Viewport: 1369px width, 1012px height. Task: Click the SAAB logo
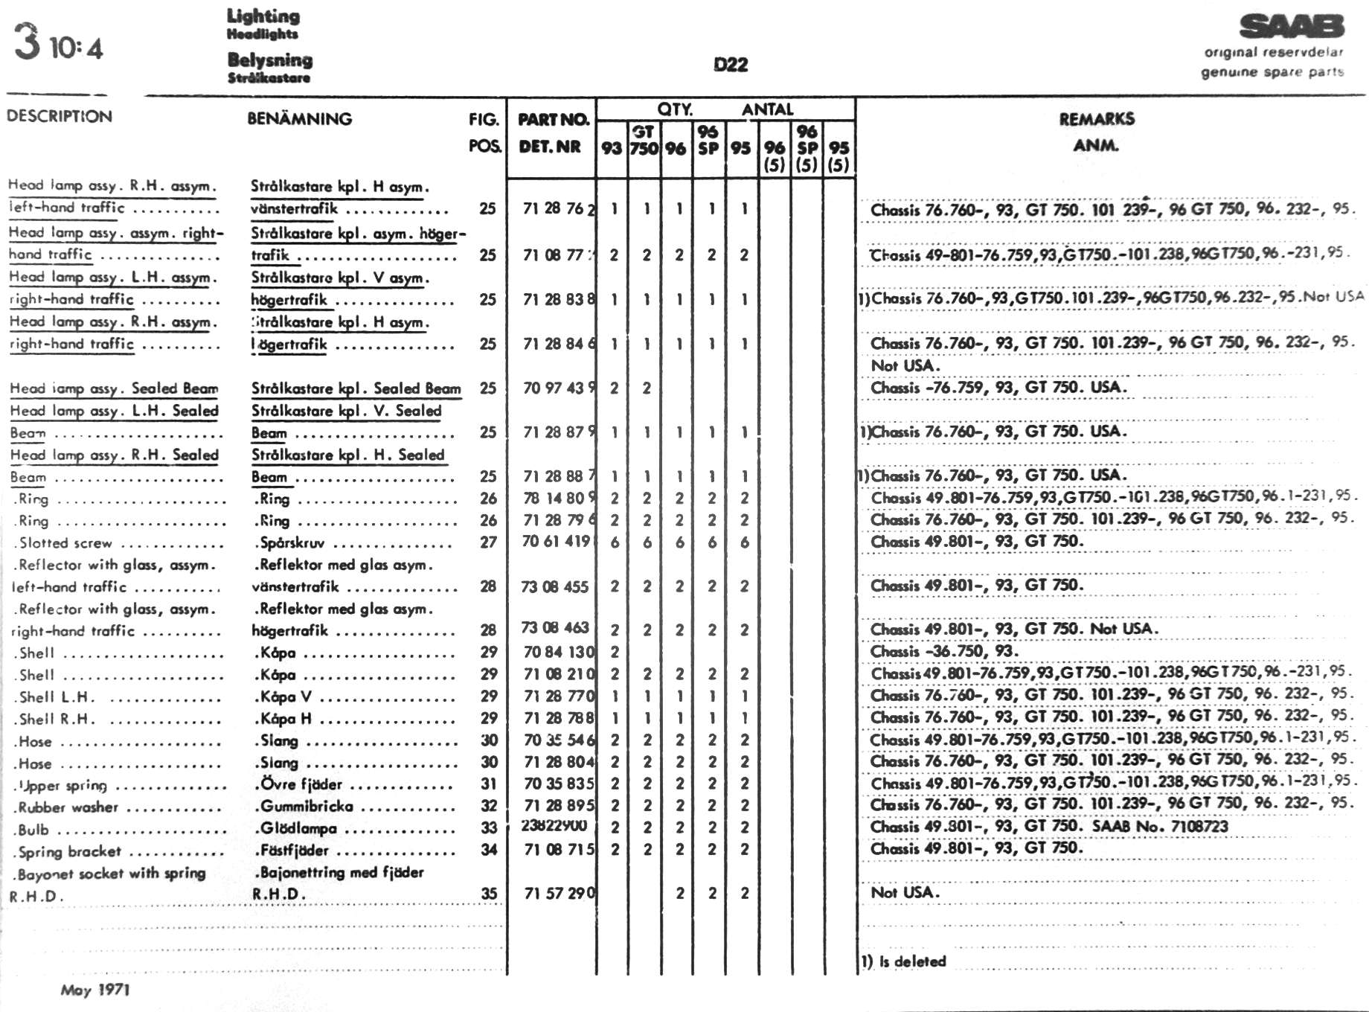tap(1292, 27)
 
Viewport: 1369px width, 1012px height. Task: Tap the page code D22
tap(730, 65)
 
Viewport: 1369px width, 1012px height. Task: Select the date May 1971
tap(95, 990)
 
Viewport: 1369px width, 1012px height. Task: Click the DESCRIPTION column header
tap(60, 116)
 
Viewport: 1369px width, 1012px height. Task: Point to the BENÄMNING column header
tap(299, 118)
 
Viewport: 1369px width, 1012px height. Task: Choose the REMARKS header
tap(1097, 119)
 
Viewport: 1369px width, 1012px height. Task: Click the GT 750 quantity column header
tap(644, 141)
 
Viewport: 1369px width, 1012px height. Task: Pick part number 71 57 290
tap(559, 893)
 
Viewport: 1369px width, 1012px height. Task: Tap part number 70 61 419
tap(556, 542)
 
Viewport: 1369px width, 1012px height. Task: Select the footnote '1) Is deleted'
tap(903, 961)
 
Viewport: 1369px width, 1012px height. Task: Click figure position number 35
tap(488, 893)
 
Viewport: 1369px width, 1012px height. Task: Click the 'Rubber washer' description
tap(68, 807)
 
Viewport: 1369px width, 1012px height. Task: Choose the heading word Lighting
tap(263, 16)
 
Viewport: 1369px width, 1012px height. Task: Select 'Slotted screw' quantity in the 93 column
tap(615, 542)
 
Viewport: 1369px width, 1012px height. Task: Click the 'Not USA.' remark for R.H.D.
tap(905, 891)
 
